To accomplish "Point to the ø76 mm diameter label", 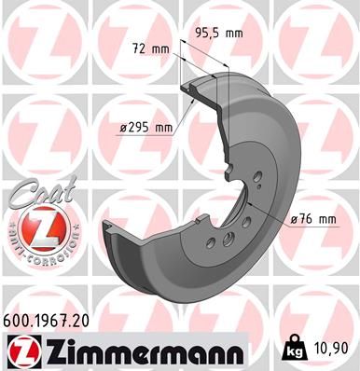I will pos(313,219).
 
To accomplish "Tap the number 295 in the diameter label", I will pos(143,128).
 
